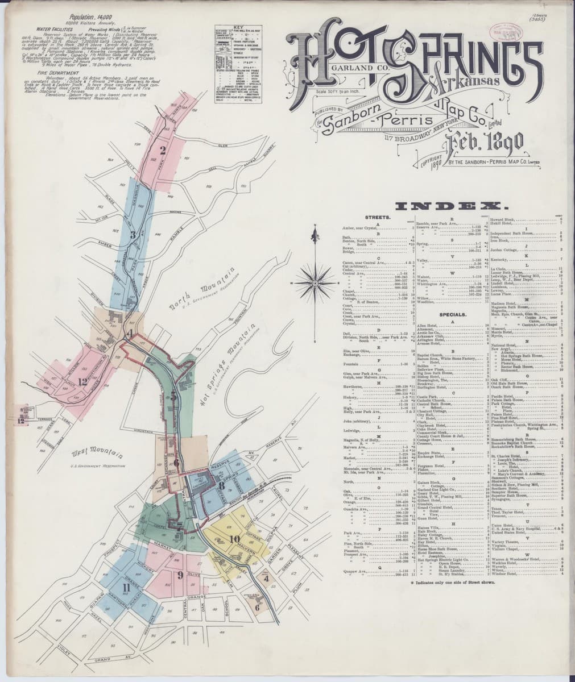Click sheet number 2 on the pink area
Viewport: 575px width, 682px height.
[163, 151]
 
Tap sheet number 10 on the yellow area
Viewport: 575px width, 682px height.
[234, 538]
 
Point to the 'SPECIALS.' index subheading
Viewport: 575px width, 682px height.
[452, 314]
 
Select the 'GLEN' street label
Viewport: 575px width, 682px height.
[223, 146]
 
